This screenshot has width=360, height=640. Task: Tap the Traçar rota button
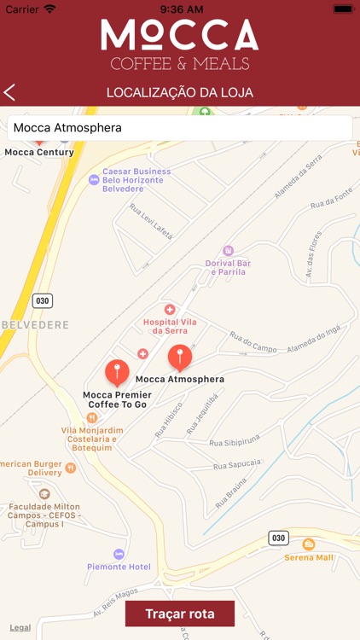coord(179,614)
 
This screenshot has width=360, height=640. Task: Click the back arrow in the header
coord(10,93)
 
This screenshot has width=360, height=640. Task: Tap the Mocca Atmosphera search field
coord(179,128)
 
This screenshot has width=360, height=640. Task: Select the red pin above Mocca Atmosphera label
coord(179,358)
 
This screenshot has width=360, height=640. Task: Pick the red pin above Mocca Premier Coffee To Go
coord(117,372)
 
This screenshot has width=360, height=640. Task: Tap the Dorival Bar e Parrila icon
coord(228,251)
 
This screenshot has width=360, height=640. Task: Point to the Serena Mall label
coord(309,557)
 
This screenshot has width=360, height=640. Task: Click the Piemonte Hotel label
coord(119,567)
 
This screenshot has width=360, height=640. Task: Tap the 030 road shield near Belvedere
coord(42,300)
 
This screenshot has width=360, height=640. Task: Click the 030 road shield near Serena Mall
coord(278,538)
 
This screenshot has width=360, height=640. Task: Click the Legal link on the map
coord(20,627)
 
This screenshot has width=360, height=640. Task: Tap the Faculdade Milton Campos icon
coord(44,494)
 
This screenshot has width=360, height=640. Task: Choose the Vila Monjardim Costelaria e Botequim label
coord(92,439)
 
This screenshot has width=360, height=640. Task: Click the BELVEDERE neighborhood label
coord(34,325)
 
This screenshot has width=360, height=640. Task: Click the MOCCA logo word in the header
coord(179,34)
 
